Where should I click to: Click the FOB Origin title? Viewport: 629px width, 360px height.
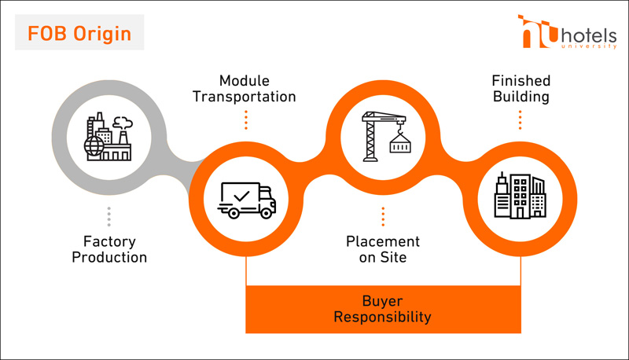79,35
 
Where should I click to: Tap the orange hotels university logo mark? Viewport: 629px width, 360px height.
537,31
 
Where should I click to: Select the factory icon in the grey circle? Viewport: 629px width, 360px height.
109,137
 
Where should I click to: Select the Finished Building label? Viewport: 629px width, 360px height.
520,89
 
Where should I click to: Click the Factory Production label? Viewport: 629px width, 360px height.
109,248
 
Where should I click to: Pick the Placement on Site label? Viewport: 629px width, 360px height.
383,248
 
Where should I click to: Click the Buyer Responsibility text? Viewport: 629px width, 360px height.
383,309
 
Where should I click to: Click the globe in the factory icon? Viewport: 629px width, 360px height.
94,146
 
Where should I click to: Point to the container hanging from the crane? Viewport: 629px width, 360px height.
400,145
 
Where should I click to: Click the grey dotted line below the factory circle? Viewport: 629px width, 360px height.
109,216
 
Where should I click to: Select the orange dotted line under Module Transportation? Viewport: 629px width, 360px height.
245,119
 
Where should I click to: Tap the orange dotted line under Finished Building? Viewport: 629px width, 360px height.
520,119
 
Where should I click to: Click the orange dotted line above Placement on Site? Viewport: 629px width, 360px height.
383,216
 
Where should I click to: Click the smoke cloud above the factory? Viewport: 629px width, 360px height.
122,122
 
